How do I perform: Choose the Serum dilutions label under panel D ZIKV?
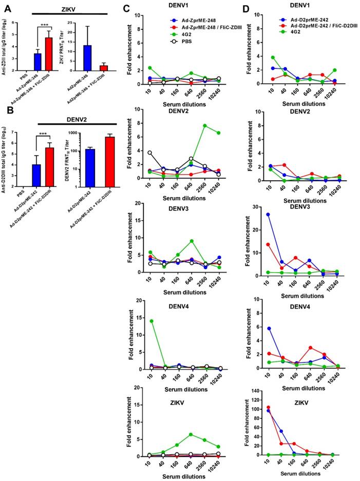pyautogui.click(x=303, y=473)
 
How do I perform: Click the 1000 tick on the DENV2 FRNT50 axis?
pyautogui.click(x=78, y=133)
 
